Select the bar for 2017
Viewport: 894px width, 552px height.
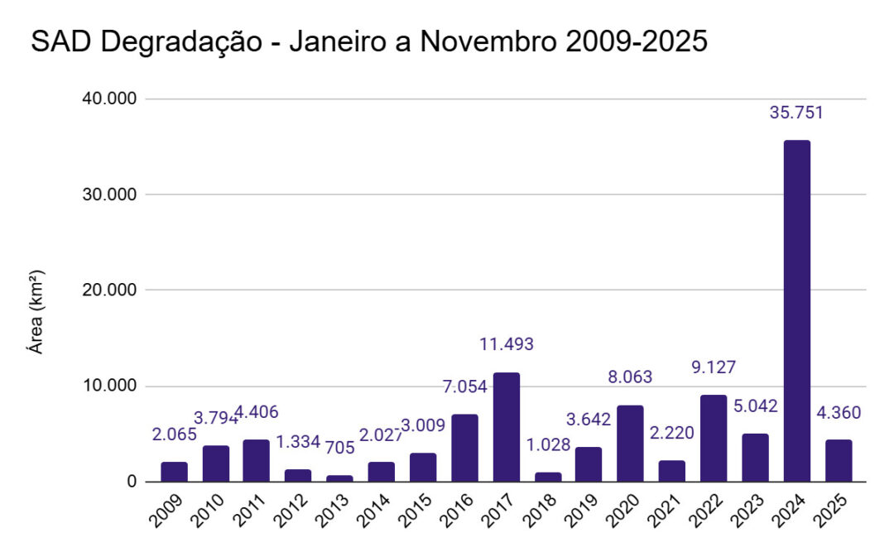click(x=506, y=427)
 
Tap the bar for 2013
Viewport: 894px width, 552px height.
click(x=339, y=478)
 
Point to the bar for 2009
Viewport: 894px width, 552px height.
click(x=174, y=472)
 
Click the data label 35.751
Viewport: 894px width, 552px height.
click(x=796, y=113)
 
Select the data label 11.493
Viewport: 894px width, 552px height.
click(x=507, y=343)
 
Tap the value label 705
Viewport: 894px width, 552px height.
click(x=339, y=448)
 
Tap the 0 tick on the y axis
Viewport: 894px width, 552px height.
click(x=131, y=482)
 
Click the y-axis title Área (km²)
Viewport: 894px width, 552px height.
click(x=36, y=312)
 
